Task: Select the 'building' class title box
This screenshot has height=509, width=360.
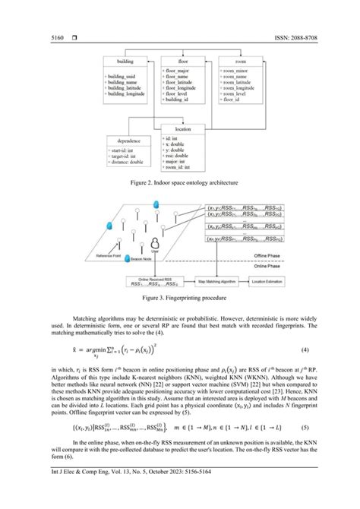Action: pyautogui.click(x=125, y=61)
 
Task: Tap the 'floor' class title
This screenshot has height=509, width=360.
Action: pyautogui.click(x=184, y=61)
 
